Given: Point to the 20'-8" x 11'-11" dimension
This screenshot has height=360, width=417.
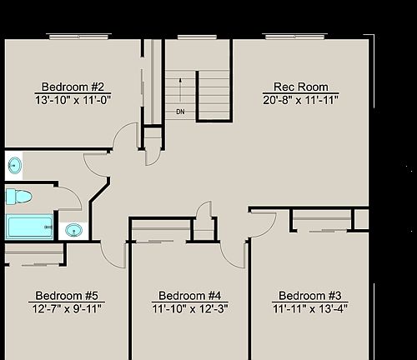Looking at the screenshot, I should pos(301,101).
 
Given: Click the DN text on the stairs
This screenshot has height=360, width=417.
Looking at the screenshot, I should pos(180,111).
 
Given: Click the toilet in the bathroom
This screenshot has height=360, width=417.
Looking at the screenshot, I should pos(18,197).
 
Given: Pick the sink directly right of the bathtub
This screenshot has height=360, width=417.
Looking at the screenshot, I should pos(73,229).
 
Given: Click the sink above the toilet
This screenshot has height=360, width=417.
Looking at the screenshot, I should pos(15,165).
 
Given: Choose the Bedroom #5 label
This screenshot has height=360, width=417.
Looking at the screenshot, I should pos(68,296).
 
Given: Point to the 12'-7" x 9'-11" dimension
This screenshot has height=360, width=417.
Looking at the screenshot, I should pos(68,308).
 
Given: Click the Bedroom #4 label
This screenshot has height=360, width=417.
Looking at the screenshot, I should pos(189,296).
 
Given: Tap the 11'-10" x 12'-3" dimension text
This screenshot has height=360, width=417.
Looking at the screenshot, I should pos(189,308).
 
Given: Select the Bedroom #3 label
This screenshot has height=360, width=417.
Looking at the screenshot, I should pos(310,296).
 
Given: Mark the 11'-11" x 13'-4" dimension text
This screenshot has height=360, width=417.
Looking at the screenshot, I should pos(310,308).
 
